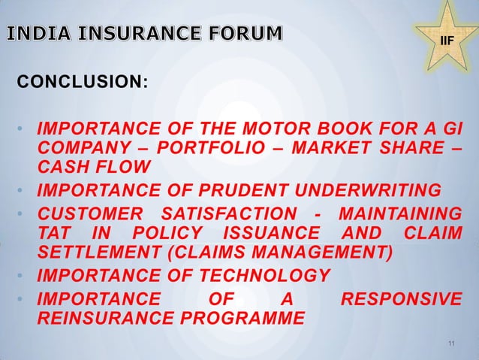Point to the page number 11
[x=450, y=344]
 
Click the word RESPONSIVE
[x=402, y=300]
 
